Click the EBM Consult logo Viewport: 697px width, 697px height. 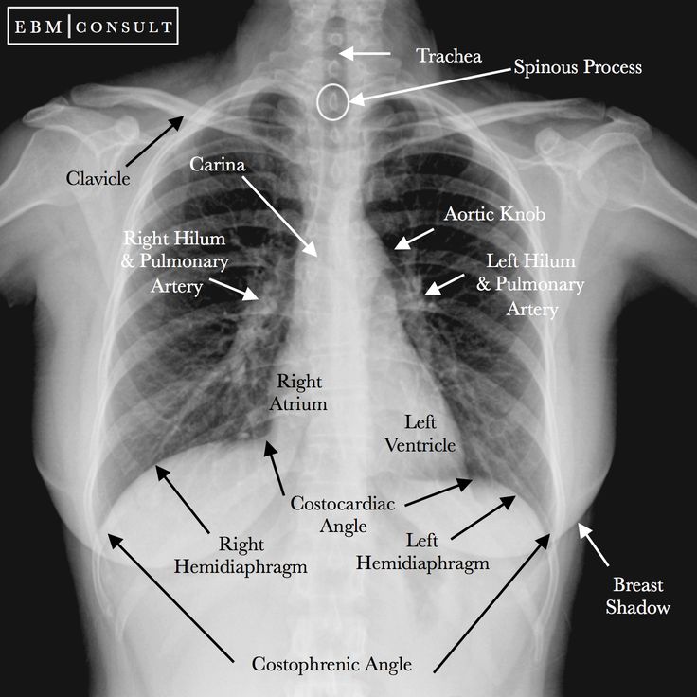tap(93, 26)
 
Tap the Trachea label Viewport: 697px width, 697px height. tap(449, 56)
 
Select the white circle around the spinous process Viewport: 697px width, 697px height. tap(333, 101)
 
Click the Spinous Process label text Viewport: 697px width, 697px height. tap(578, 67)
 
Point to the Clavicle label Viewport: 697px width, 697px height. tap(98, 178)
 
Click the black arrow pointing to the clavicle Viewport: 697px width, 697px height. tap(154, 141)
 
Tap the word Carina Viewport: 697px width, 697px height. tap(218, 165)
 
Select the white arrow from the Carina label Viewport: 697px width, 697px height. tap(280, 217)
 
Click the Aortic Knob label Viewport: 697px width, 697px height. tap(494, 214)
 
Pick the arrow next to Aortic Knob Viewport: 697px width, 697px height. tap(414, 240)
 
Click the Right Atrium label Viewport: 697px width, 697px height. tap(298, 392)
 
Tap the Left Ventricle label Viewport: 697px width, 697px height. tap(420, 434)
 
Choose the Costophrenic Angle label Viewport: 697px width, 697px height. tap(331, 665)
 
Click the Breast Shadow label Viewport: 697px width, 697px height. tap(638, 596)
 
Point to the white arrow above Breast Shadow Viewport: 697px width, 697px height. tap(593, 545)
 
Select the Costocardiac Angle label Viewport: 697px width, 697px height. tap(343, 515)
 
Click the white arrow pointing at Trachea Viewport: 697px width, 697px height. tap(364, 53)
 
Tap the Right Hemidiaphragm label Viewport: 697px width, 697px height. tap(241, 555)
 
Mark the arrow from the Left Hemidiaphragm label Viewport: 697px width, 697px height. tap(483, 518)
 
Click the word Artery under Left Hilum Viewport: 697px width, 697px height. tap(532, 309)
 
